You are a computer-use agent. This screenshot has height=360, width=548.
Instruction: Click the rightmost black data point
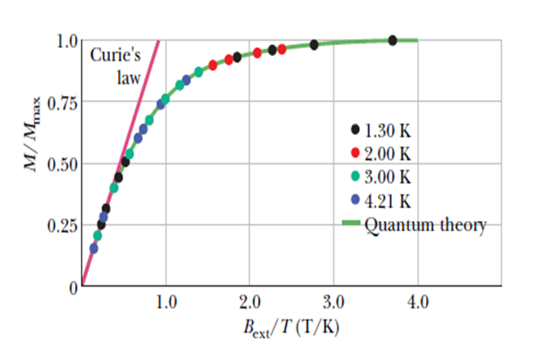pos(392,40)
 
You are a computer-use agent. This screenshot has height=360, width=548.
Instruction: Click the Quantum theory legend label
pos(425,225)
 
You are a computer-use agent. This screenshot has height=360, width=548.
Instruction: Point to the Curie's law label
pos(116,66)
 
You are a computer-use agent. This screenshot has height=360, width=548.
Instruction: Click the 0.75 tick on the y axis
pos(64,103)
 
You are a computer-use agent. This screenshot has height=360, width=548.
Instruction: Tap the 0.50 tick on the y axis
pos(64,165)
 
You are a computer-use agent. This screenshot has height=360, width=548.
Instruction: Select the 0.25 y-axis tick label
pos(64,226)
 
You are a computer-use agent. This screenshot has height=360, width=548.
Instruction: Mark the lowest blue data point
pos(94,248)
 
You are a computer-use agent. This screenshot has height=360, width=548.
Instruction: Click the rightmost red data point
pos(282,49)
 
